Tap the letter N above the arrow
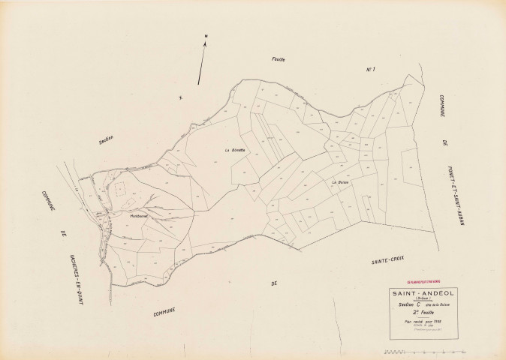click(206, 36)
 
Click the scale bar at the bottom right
click(423, 351)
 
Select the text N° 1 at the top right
click(369, 70)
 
